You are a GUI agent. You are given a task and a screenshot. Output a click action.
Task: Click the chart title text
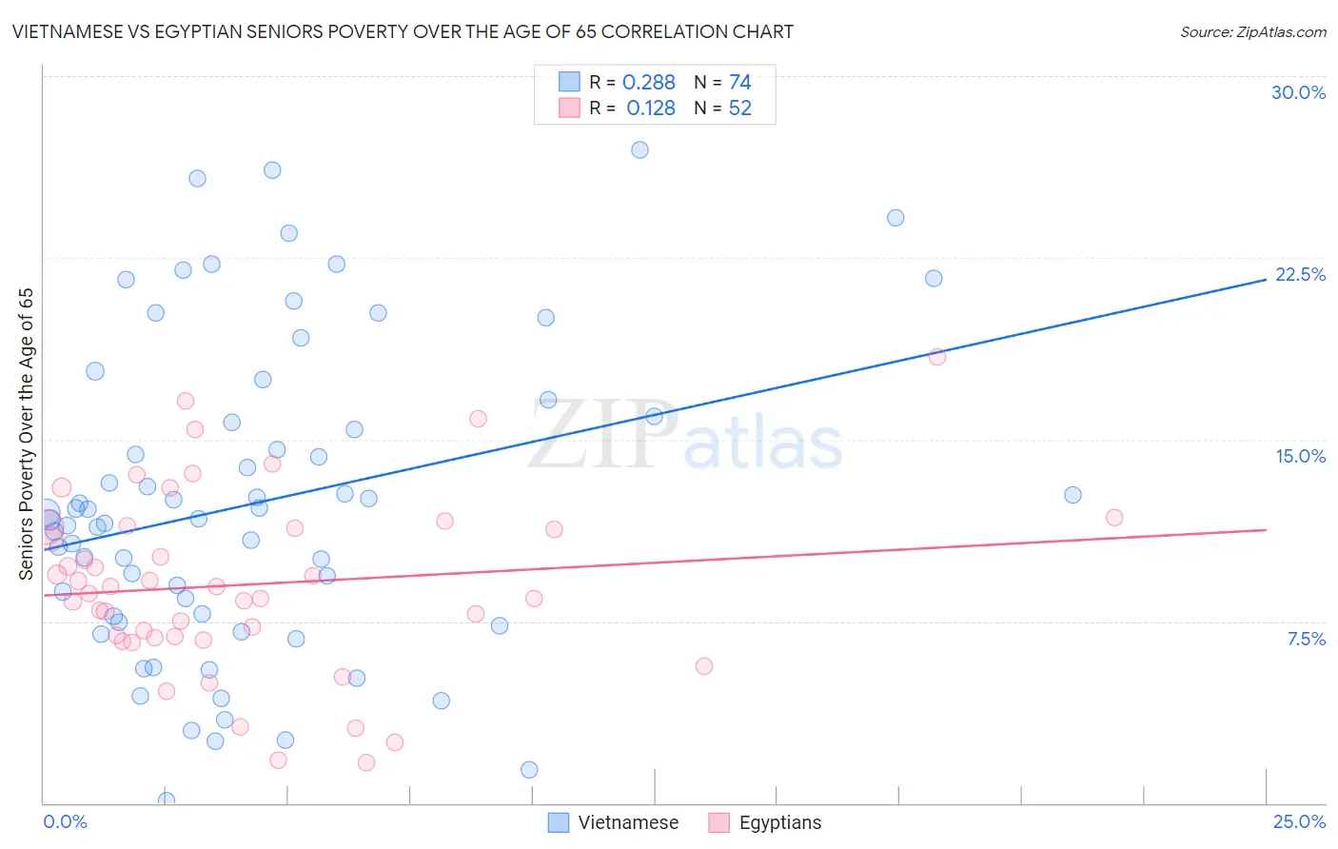[x=403, y=32]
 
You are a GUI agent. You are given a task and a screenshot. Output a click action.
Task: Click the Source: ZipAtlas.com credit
[x=1252, y=32]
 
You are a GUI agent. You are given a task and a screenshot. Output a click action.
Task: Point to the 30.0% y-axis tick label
[x=1298, y=92]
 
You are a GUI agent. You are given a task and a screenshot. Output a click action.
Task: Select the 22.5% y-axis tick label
[x=1300, y=274]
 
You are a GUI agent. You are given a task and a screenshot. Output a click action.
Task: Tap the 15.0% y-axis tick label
[x=1300, y=456]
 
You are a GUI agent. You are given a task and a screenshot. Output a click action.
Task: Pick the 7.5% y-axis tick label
[x=1306, y=639]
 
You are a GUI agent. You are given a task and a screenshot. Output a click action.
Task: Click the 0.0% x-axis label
[x=65, y=821]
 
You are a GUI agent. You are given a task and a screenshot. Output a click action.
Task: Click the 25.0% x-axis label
[x=1299, y=821]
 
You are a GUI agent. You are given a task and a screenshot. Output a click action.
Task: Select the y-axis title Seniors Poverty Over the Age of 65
[x=27, y=433]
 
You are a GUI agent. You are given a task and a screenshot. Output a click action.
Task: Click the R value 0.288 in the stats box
[x=649, y=83]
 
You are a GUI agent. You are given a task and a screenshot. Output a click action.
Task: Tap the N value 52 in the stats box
[x=740, y=109]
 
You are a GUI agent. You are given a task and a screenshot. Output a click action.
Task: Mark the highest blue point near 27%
[x=639, y=150]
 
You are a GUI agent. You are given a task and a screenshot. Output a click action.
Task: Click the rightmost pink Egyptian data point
[x=1114, y=518]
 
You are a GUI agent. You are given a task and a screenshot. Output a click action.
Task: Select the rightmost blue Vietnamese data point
[x=1072, y=495]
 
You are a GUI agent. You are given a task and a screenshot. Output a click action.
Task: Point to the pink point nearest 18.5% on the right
[x=937, y=357]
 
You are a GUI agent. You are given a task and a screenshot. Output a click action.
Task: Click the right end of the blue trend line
[x=1266, y=279]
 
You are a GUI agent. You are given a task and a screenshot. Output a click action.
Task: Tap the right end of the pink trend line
[x=1266, y=529]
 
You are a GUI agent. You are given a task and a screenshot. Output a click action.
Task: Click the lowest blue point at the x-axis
[x=167, y=800]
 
